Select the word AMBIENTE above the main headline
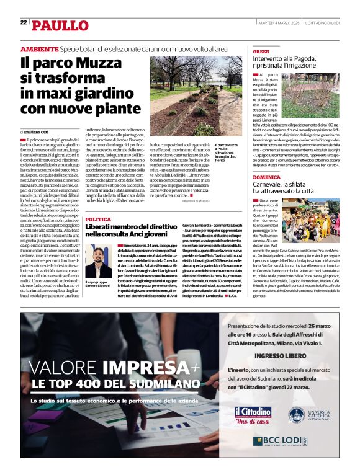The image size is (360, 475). tap(39, 49)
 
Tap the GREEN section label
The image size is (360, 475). tap(261, 51)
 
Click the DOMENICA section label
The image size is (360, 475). tap(266, 177)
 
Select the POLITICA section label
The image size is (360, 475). tap(98, 220)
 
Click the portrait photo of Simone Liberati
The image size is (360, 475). tap(98, 260)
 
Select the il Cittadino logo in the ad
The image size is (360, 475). tap(253, 412)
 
